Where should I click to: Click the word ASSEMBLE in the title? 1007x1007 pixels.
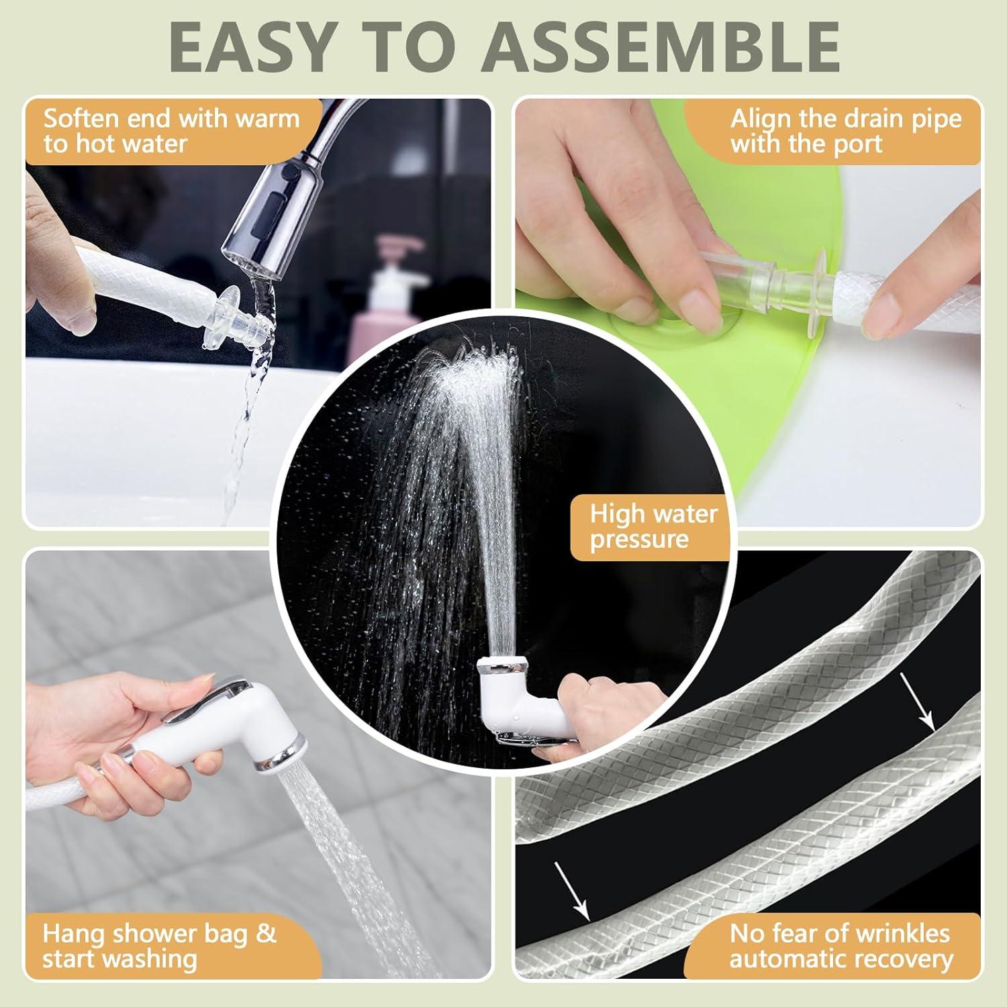[661, 46]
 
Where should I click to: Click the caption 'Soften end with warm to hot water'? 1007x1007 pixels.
[171, 131]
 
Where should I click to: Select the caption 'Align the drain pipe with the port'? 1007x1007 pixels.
[846, 131]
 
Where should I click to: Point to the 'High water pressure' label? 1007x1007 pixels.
[653, 526]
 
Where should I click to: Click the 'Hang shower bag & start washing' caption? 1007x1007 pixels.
[159, 946]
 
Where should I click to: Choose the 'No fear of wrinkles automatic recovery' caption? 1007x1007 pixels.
[841, 946]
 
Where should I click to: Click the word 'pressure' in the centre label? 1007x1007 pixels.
[640, 540]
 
